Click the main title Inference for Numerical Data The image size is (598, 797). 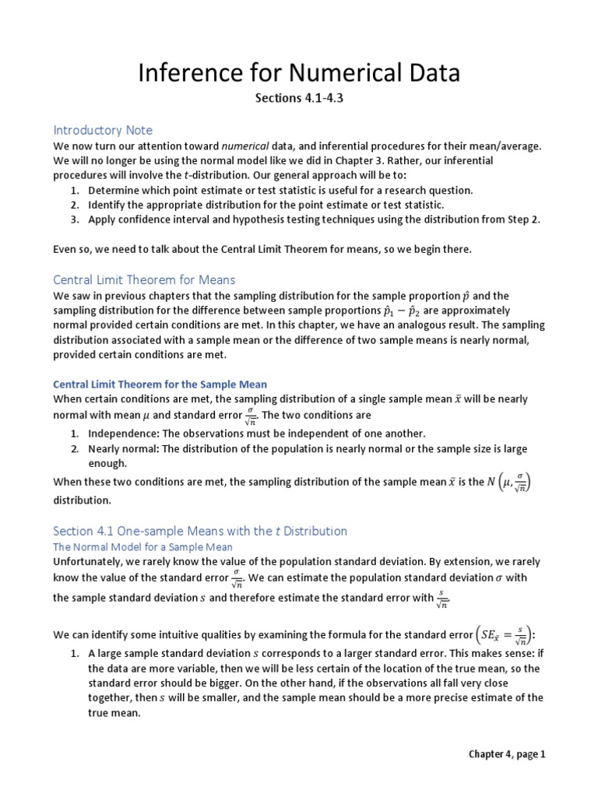[x=299, y=73]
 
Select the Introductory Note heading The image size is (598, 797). [x=103, y=130]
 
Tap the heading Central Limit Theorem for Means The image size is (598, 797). [x=144, y=279]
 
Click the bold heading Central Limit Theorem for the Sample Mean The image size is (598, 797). [x=160, y=384]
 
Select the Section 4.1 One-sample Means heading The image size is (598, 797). [x=200, y=531]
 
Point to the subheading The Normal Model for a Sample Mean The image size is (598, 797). [x=142, y=547]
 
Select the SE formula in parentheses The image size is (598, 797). [x=505, y=632]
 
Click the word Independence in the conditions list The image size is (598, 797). [x=121, y=434]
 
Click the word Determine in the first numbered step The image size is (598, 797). [x=113, y=190]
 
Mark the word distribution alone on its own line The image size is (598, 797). [x=83, y=500]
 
